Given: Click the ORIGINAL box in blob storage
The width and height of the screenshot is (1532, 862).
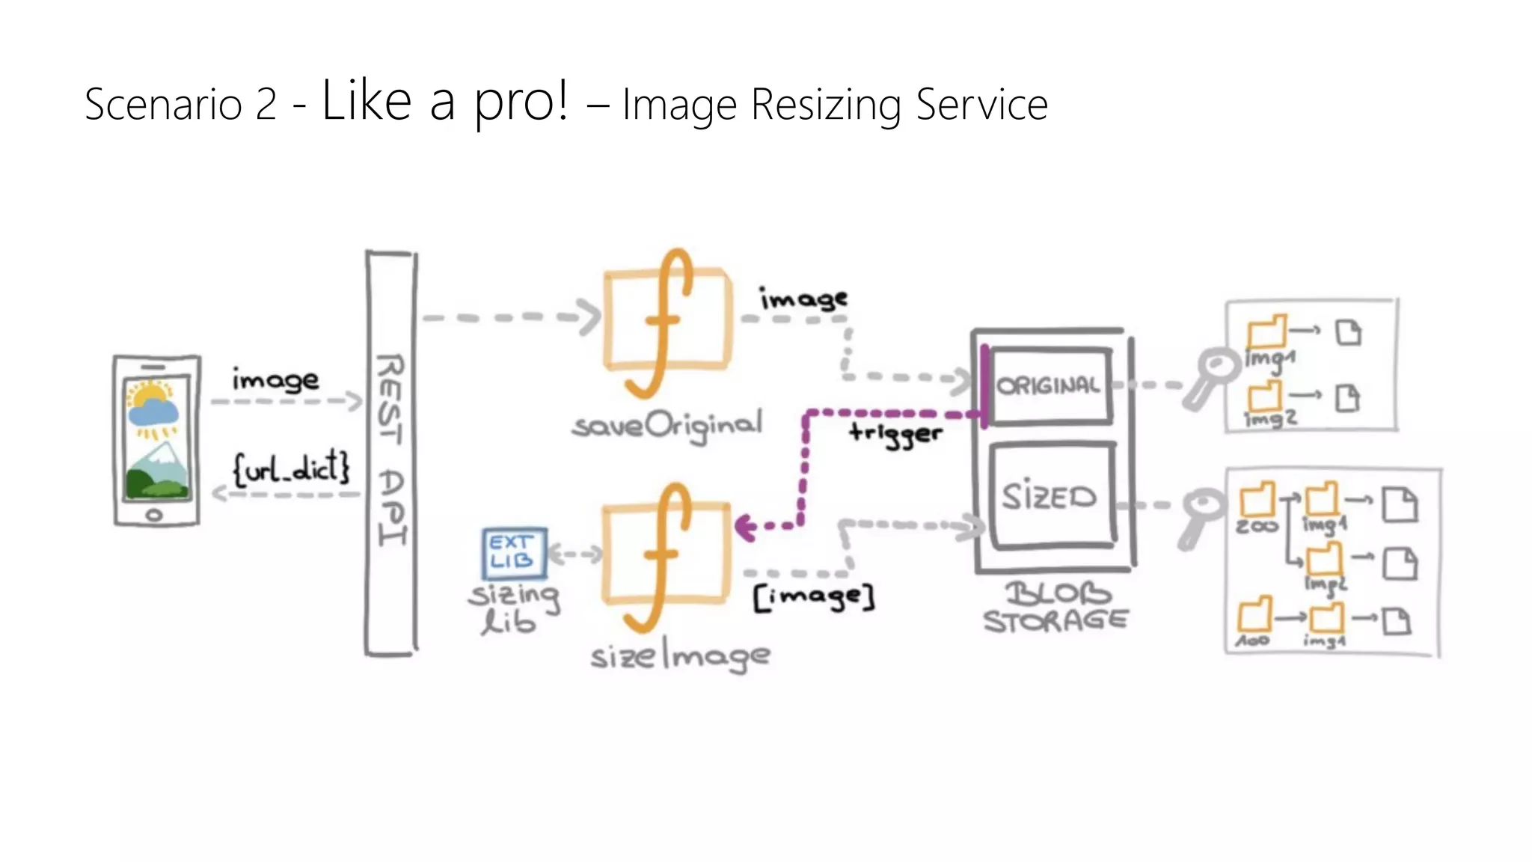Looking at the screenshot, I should (x=1050, y=385).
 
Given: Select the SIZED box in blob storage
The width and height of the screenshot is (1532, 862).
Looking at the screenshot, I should (x=1051, y=496).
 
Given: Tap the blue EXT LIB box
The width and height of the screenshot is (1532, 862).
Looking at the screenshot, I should (x=514, y=553).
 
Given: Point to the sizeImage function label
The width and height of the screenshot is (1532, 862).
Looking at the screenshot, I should (x=680, y=657).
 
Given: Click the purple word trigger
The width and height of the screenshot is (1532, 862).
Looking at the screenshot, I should (x=895, y=433).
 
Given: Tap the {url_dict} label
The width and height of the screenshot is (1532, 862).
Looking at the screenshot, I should (x=291, y=469).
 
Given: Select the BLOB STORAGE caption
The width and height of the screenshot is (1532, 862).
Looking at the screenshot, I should (x=1055, y=608).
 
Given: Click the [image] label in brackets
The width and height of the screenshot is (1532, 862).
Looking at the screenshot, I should (x=814, y=597).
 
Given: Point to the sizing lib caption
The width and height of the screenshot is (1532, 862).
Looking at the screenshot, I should (x=513, y=608).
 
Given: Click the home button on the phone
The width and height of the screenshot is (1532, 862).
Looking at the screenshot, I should (x=154, y=515).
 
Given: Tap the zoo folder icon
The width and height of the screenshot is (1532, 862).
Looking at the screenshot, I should (x=1257, y=499).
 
